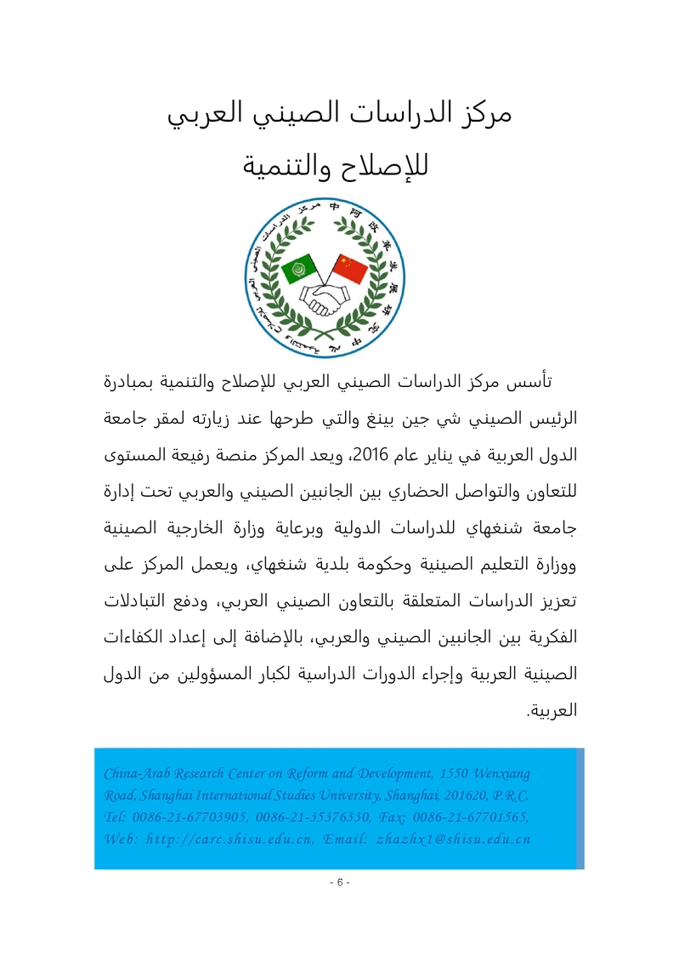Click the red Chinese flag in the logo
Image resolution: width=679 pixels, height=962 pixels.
tap(351, 270)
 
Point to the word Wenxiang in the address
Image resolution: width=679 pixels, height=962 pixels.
tap(501, 773)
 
